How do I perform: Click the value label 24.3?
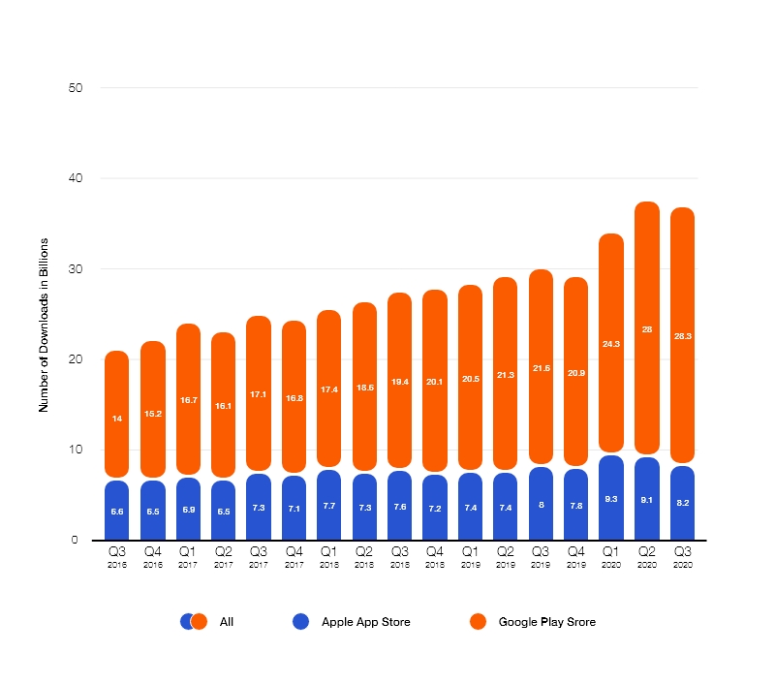click(611, 344)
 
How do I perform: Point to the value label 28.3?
click(682, 335)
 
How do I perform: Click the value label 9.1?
click(647, 501)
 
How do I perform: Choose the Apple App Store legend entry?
click(365, 622)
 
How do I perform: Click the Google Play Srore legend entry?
click(546, 622)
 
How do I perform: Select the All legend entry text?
click(227, 622)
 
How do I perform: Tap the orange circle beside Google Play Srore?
click(477, 622)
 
